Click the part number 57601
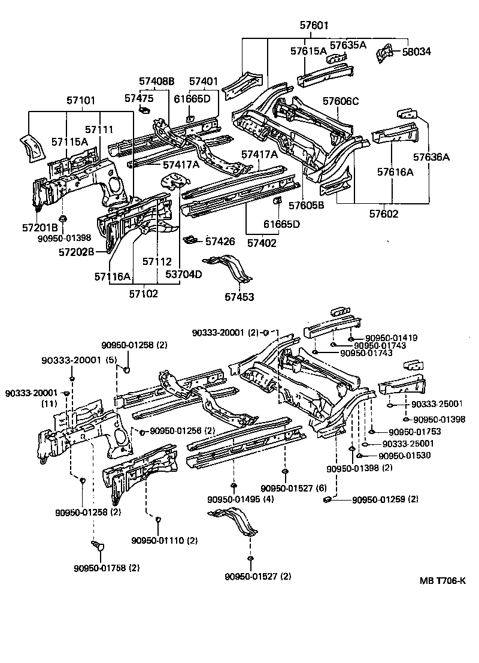point(314,26)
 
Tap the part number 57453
point(239,297)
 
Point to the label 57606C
point(341,101)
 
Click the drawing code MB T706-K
point(442,580)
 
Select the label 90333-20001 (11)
point(31,398)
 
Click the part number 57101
point(81,101)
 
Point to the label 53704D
point(183,275)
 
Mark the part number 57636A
point(431,158)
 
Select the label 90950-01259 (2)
point(385,499)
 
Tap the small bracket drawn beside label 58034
point(382,53)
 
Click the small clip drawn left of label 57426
point(190,240)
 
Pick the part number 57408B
point(156,82)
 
